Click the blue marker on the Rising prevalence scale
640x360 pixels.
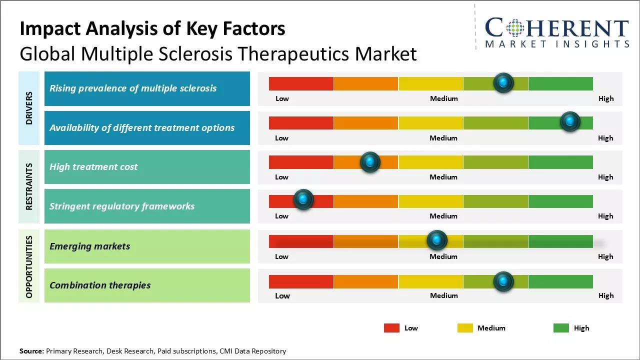pos(503,82)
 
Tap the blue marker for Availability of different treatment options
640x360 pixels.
pos(569,121)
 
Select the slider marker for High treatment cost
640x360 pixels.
pos(370,162)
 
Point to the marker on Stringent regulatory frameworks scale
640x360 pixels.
pos(303,199)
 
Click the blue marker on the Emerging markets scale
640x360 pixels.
pos(437,240)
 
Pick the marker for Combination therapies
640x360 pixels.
pos(503,281)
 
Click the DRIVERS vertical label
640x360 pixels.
pos(29,108)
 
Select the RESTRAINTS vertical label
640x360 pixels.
pos(29,186)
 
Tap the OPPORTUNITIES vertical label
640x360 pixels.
pos(29,266)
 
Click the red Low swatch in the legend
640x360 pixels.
pos(391,328)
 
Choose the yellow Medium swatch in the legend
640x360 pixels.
pos(465,328)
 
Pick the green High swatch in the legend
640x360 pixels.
pos(561,328)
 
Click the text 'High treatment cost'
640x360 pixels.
pos(93,167)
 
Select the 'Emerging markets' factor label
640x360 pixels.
pos(90,246)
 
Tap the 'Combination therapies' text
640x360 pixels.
pos(100,285)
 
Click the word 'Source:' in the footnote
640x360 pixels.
pos(31,351)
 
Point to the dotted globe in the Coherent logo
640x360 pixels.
pos(514,28)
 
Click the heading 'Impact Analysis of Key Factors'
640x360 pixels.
pos(152,29)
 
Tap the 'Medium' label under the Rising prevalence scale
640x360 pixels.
pos(444,98)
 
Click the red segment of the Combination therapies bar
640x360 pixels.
pos(301,281)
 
